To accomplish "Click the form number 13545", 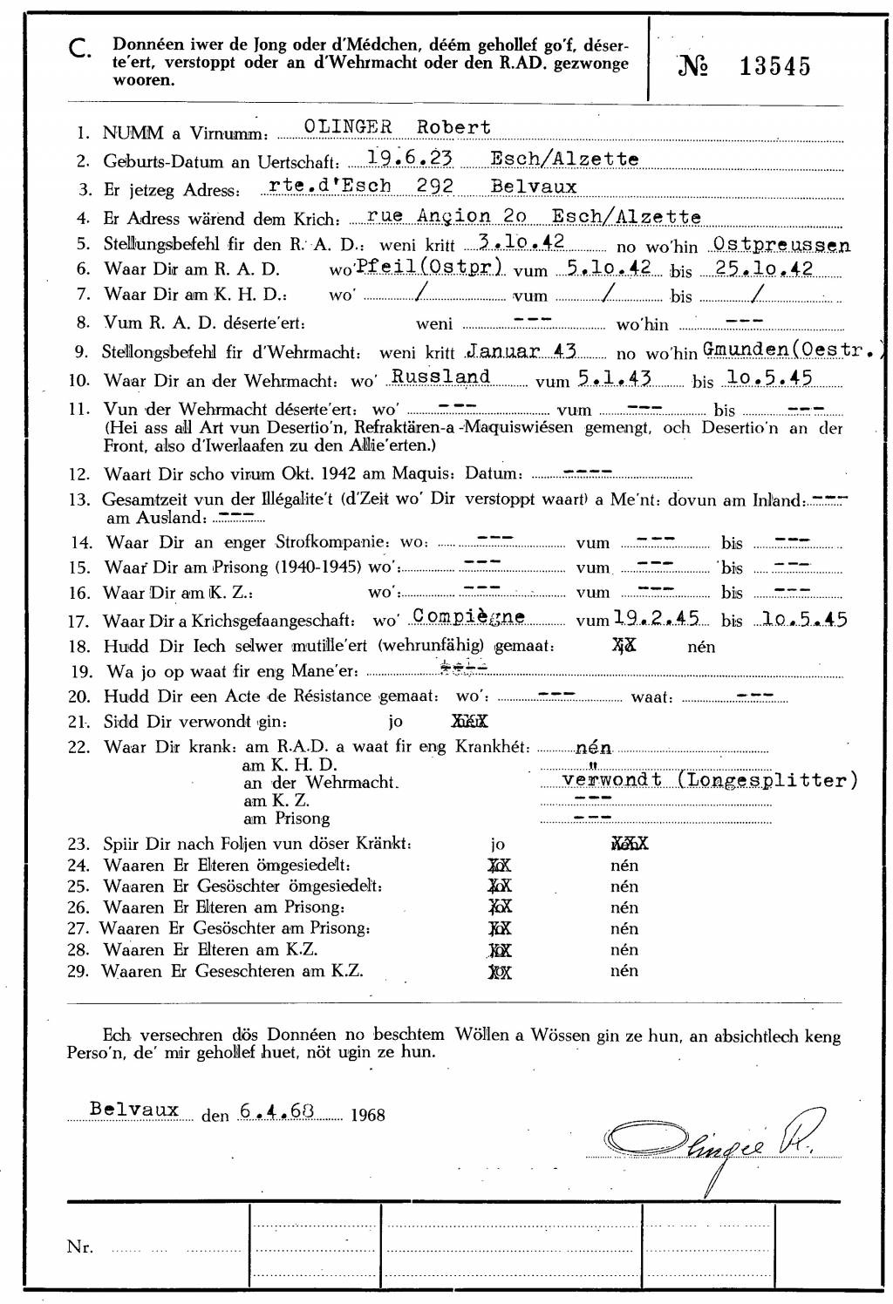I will [774, 66].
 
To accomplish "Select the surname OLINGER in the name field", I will [347, 126].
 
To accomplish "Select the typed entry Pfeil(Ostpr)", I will [429, 267].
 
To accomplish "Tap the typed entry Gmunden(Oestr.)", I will [795, 351].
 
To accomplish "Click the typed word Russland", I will [441, 377].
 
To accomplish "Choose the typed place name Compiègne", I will [469, 616].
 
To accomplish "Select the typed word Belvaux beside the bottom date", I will [134, 1110].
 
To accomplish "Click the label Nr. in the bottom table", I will [79, 1246].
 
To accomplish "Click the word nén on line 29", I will [624, 970].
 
